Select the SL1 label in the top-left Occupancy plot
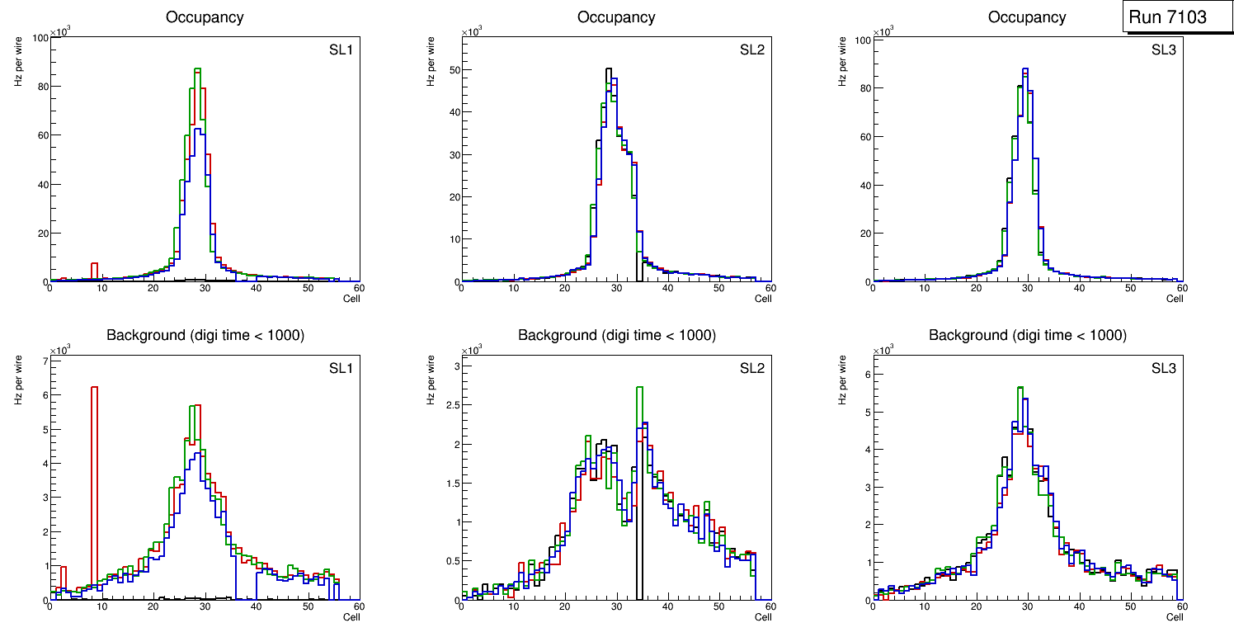click(x=340, y=50)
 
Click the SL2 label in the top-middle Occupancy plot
click(x=751, y=50)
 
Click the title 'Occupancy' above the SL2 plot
click(x=616, y=17)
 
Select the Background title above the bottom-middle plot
click(x=616, y=335)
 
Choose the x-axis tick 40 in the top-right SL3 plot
click(x=1079, y=288)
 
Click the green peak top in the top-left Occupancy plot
click(x=197, y=69)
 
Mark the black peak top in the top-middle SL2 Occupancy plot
click(x=608, y=69)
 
